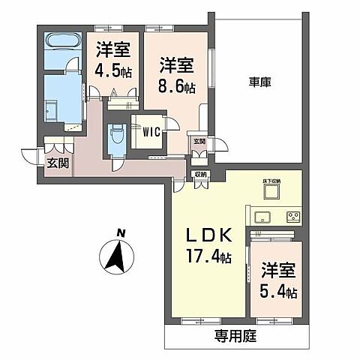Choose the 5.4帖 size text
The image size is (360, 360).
278,288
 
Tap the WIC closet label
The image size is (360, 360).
151,133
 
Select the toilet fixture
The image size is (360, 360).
115,136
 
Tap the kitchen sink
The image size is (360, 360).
262,217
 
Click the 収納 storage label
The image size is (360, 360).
200,175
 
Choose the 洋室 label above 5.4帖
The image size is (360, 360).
277,268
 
